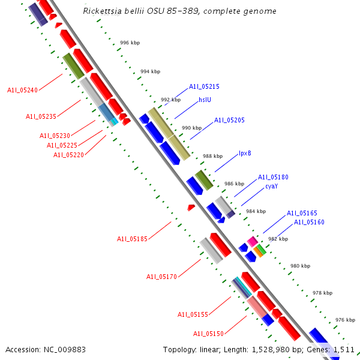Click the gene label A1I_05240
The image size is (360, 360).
pos(22,90)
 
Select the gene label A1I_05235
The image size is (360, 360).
pos(41,116)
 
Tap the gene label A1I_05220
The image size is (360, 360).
pos(68,155)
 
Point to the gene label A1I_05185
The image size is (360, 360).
pos(132,239)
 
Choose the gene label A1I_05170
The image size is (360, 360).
pos(161,277)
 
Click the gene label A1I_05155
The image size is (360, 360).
pos(193,314)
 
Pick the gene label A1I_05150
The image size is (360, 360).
pos(208,334)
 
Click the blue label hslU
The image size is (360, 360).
pos(205,100)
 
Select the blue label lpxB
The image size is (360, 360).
pos(245,153)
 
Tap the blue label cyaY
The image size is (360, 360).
pos(271,186)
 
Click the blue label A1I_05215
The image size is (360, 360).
pos(204,86)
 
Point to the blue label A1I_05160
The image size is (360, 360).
pos(309,222)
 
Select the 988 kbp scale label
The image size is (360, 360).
pos(212,156)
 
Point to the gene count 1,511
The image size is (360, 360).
pos(343,349)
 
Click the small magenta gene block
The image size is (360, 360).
pos(253,241)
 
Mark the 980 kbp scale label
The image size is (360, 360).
pos(300,266)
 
